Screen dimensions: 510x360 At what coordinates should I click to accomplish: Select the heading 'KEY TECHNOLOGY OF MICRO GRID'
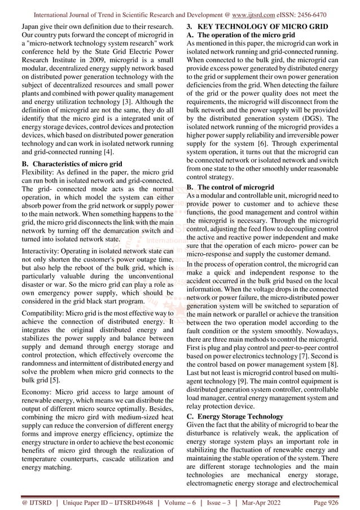(x=265, y=26)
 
